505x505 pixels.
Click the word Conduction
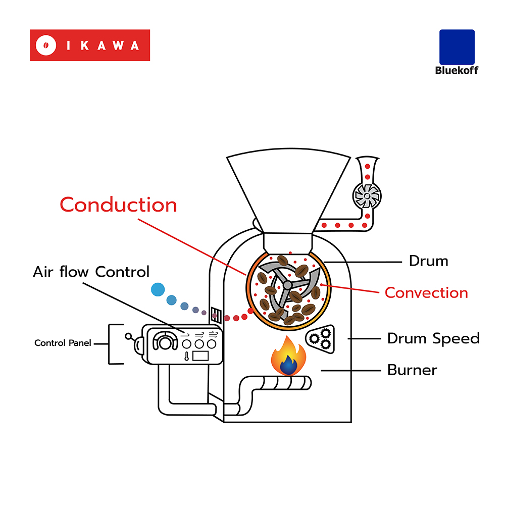118,205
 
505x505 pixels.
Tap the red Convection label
426,293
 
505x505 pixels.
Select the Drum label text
428,261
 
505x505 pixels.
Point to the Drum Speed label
433,338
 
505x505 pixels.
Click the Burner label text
412,370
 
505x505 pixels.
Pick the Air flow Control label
91,272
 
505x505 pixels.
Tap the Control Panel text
63,343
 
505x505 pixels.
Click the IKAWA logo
90,45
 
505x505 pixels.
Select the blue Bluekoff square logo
457,47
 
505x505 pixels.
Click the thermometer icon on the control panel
187,356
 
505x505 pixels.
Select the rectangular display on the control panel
201,355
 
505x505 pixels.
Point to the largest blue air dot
158,289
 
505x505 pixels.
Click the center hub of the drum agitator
287,285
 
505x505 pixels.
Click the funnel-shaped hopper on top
288,192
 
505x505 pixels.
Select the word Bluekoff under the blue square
457,70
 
